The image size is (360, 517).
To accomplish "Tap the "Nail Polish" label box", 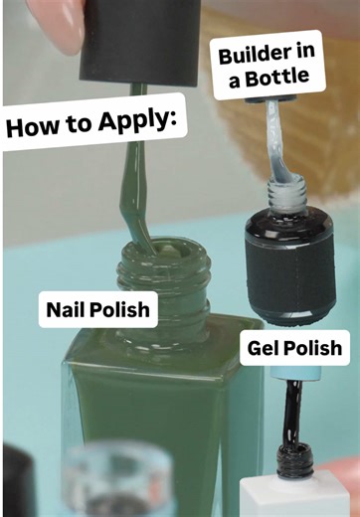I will [x=97, y=309].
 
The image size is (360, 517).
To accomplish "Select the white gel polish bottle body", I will [x=288, y=497].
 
